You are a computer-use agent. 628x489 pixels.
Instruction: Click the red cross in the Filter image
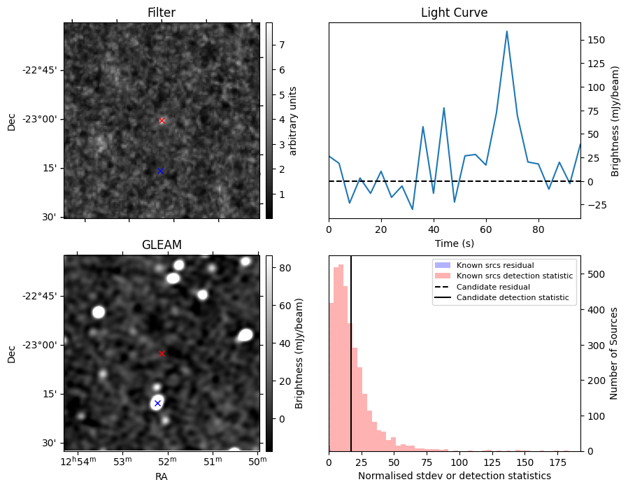pos(162,120)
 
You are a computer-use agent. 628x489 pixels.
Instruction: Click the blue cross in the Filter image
pos(160,171)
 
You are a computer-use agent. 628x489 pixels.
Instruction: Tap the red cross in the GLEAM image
pos(162,353)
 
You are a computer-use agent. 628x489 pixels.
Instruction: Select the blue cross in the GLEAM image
pos(157,403)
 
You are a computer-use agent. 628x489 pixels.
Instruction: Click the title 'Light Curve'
pos(454,13)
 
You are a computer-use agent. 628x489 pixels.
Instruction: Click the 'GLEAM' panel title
pos(162,245)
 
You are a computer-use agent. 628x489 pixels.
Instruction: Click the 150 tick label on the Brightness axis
pos(596,40)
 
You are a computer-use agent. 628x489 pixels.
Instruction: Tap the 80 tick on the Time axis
pos(538,229)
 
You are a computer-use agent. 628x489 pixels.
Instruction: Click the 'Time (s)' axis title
pos(454,242)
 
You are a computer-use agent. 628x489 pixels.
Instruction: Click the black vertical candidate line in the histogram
pos(351,350)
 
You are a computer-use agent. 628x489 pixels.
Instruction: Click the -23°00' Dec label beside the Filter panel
pos(41,120)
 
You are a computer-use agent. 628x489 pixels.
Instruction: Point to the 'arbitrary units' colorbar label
pos(294,120)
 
